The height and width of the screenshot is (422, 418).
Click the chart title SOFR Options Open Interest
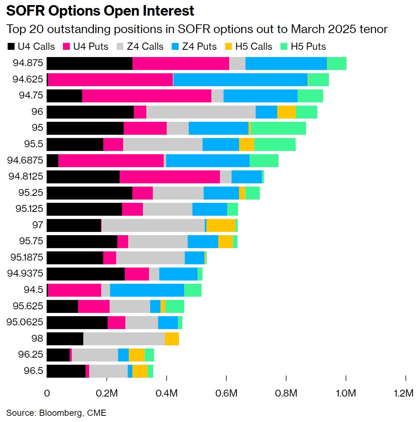pos(100,11)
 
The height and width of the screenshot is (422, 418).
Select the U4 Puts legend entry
pos(86,47)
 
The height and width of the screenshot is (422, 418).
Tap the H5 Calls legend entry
pos(249,47)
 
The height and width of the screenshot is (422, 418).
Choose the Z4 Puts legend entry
pos(194,47)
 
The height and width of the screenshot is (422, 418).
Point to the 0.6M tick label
pos(226,393)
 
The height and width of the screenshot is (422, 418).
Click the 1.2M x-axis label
pos(403,393)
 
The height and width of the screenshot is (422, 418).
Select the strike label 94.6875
pos(25,160)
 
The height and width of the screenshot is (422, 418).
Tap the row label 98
pos(37,338)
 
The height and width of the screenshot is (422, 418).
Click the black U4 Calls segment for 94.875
pos(89,63)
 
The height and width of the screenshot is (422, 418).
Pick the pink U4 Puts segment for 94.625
pos(110,80)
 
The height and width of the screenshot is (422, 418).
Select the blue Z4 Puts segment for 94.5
pos(147,290)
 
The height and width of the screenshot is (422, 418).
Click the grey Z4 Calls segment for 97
pos(153,225)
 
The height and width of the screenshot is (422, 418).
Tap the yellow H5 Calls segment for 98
pos(172,339)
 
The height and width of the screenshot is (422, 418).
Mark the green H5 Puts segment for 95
pos(278,128)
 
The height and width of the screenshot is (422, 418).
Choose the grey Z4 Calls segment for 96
pos(201,112)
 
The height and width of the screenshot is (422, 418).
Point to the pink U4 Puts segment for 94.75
pos(147,96)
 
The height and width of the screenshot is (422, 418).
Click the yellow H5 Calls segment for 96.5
pos(140,371)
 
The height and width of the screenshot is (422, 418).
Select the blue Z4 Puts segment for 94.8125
pos(247,177)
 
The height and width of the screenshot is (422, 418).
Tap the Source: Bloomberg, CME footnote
pos(56,413)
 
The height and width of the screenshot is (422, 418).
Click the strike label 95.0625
pos(25,322)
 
